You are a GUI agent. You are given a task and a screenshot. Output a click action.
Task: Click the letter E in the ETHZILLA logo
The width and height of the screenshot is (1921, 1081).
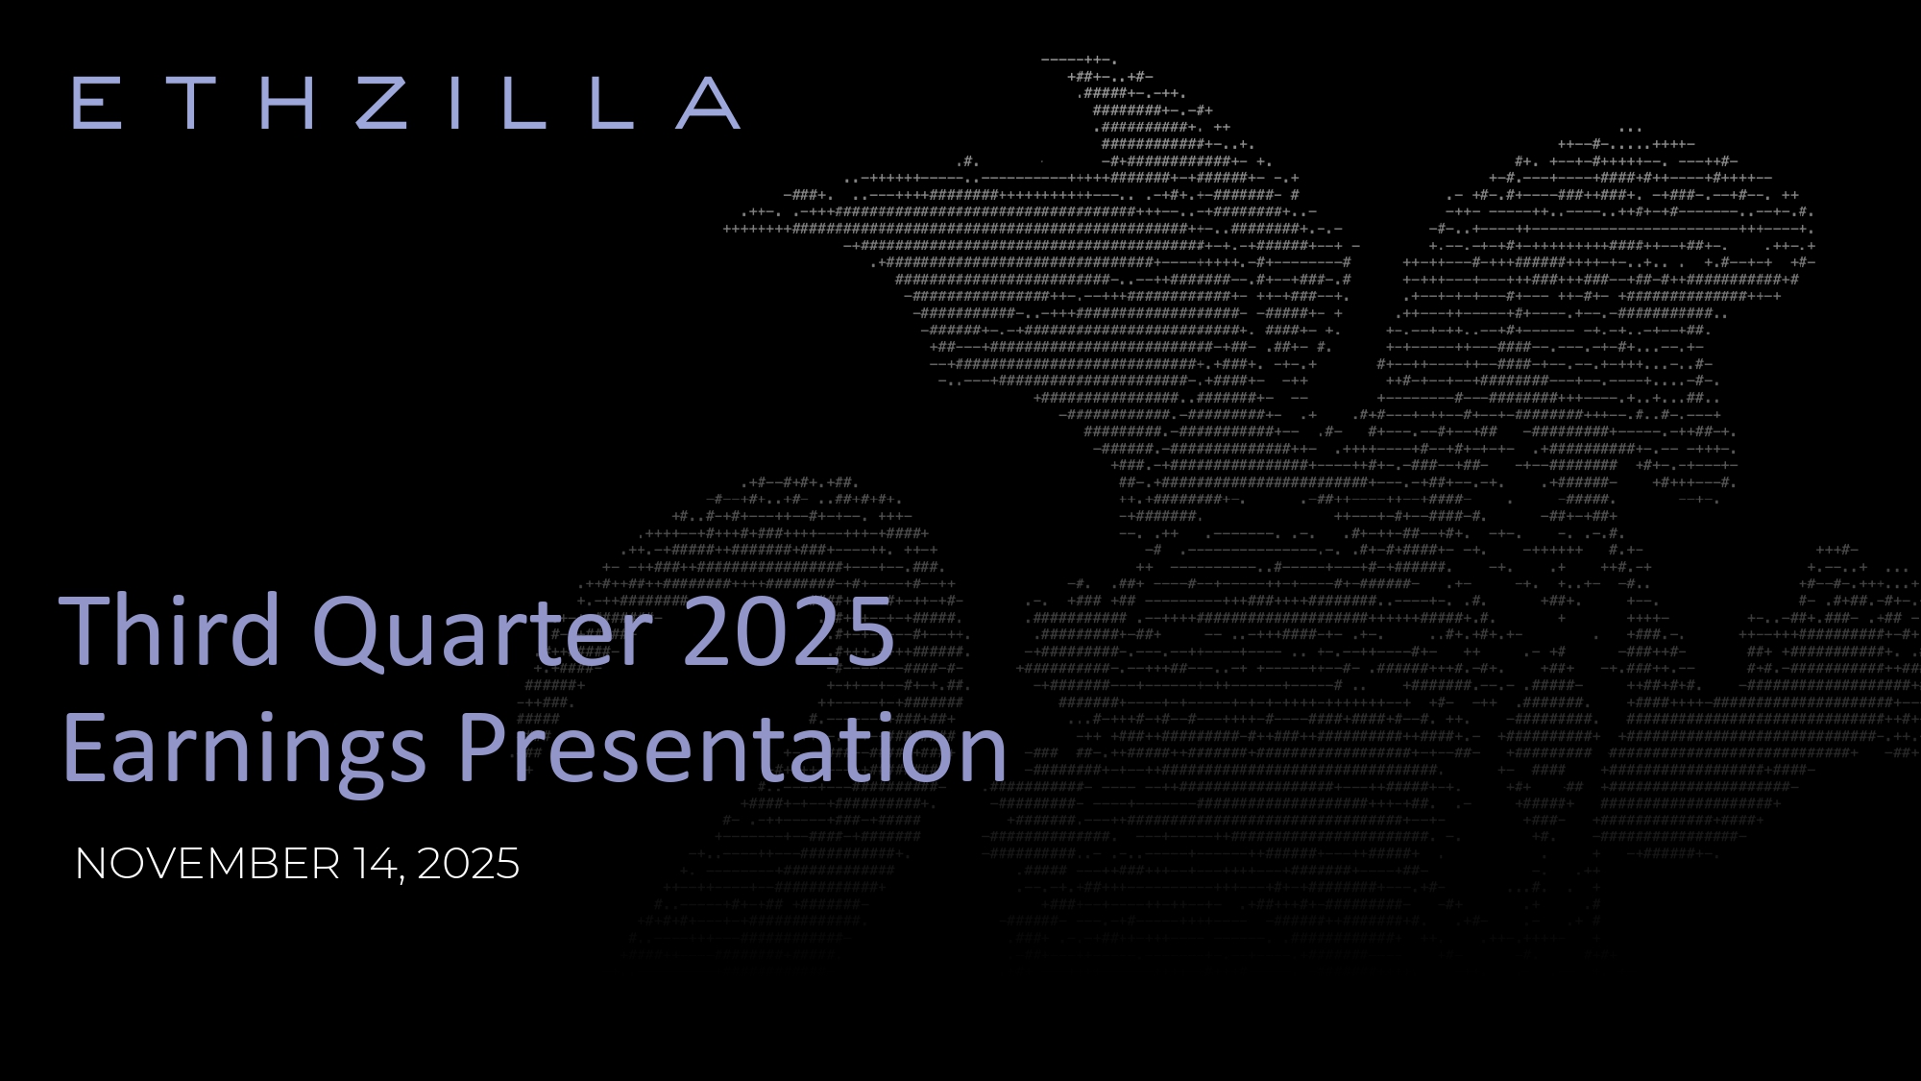tap(97, 103)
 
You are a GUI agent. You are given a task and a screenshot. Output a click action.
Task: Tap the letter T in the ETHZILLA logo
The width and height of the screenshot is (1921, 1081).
tap(190, 103)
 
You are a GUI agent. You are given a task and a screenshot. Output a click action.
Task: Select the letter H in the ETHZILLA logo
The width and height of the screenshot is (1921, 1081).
tap(287, 103)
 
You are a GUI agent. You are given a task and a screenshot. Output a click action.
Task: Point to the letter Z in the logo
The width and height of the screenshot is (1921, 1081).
tap(381, 103)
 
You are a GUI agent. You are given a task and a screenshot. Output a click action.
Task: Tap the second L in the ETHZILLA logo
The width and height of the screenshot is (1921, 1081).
tap(612, 103)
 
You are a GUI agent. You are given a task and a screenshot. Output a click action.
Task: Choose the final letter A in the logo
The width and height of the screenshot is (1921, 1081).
tap(709, 103)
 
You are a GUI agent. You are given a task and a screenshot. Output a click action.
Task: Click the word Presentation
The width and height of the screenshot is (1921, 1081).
tap(733, 749)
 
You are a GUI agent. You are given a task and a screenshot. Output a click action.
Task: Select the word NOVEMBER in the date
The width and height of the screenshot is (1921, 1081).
tap(207, 864)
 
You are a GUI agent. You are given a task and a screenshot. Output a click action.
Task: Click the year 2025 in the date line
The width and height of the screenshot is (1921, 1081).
tap(469, 864)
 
